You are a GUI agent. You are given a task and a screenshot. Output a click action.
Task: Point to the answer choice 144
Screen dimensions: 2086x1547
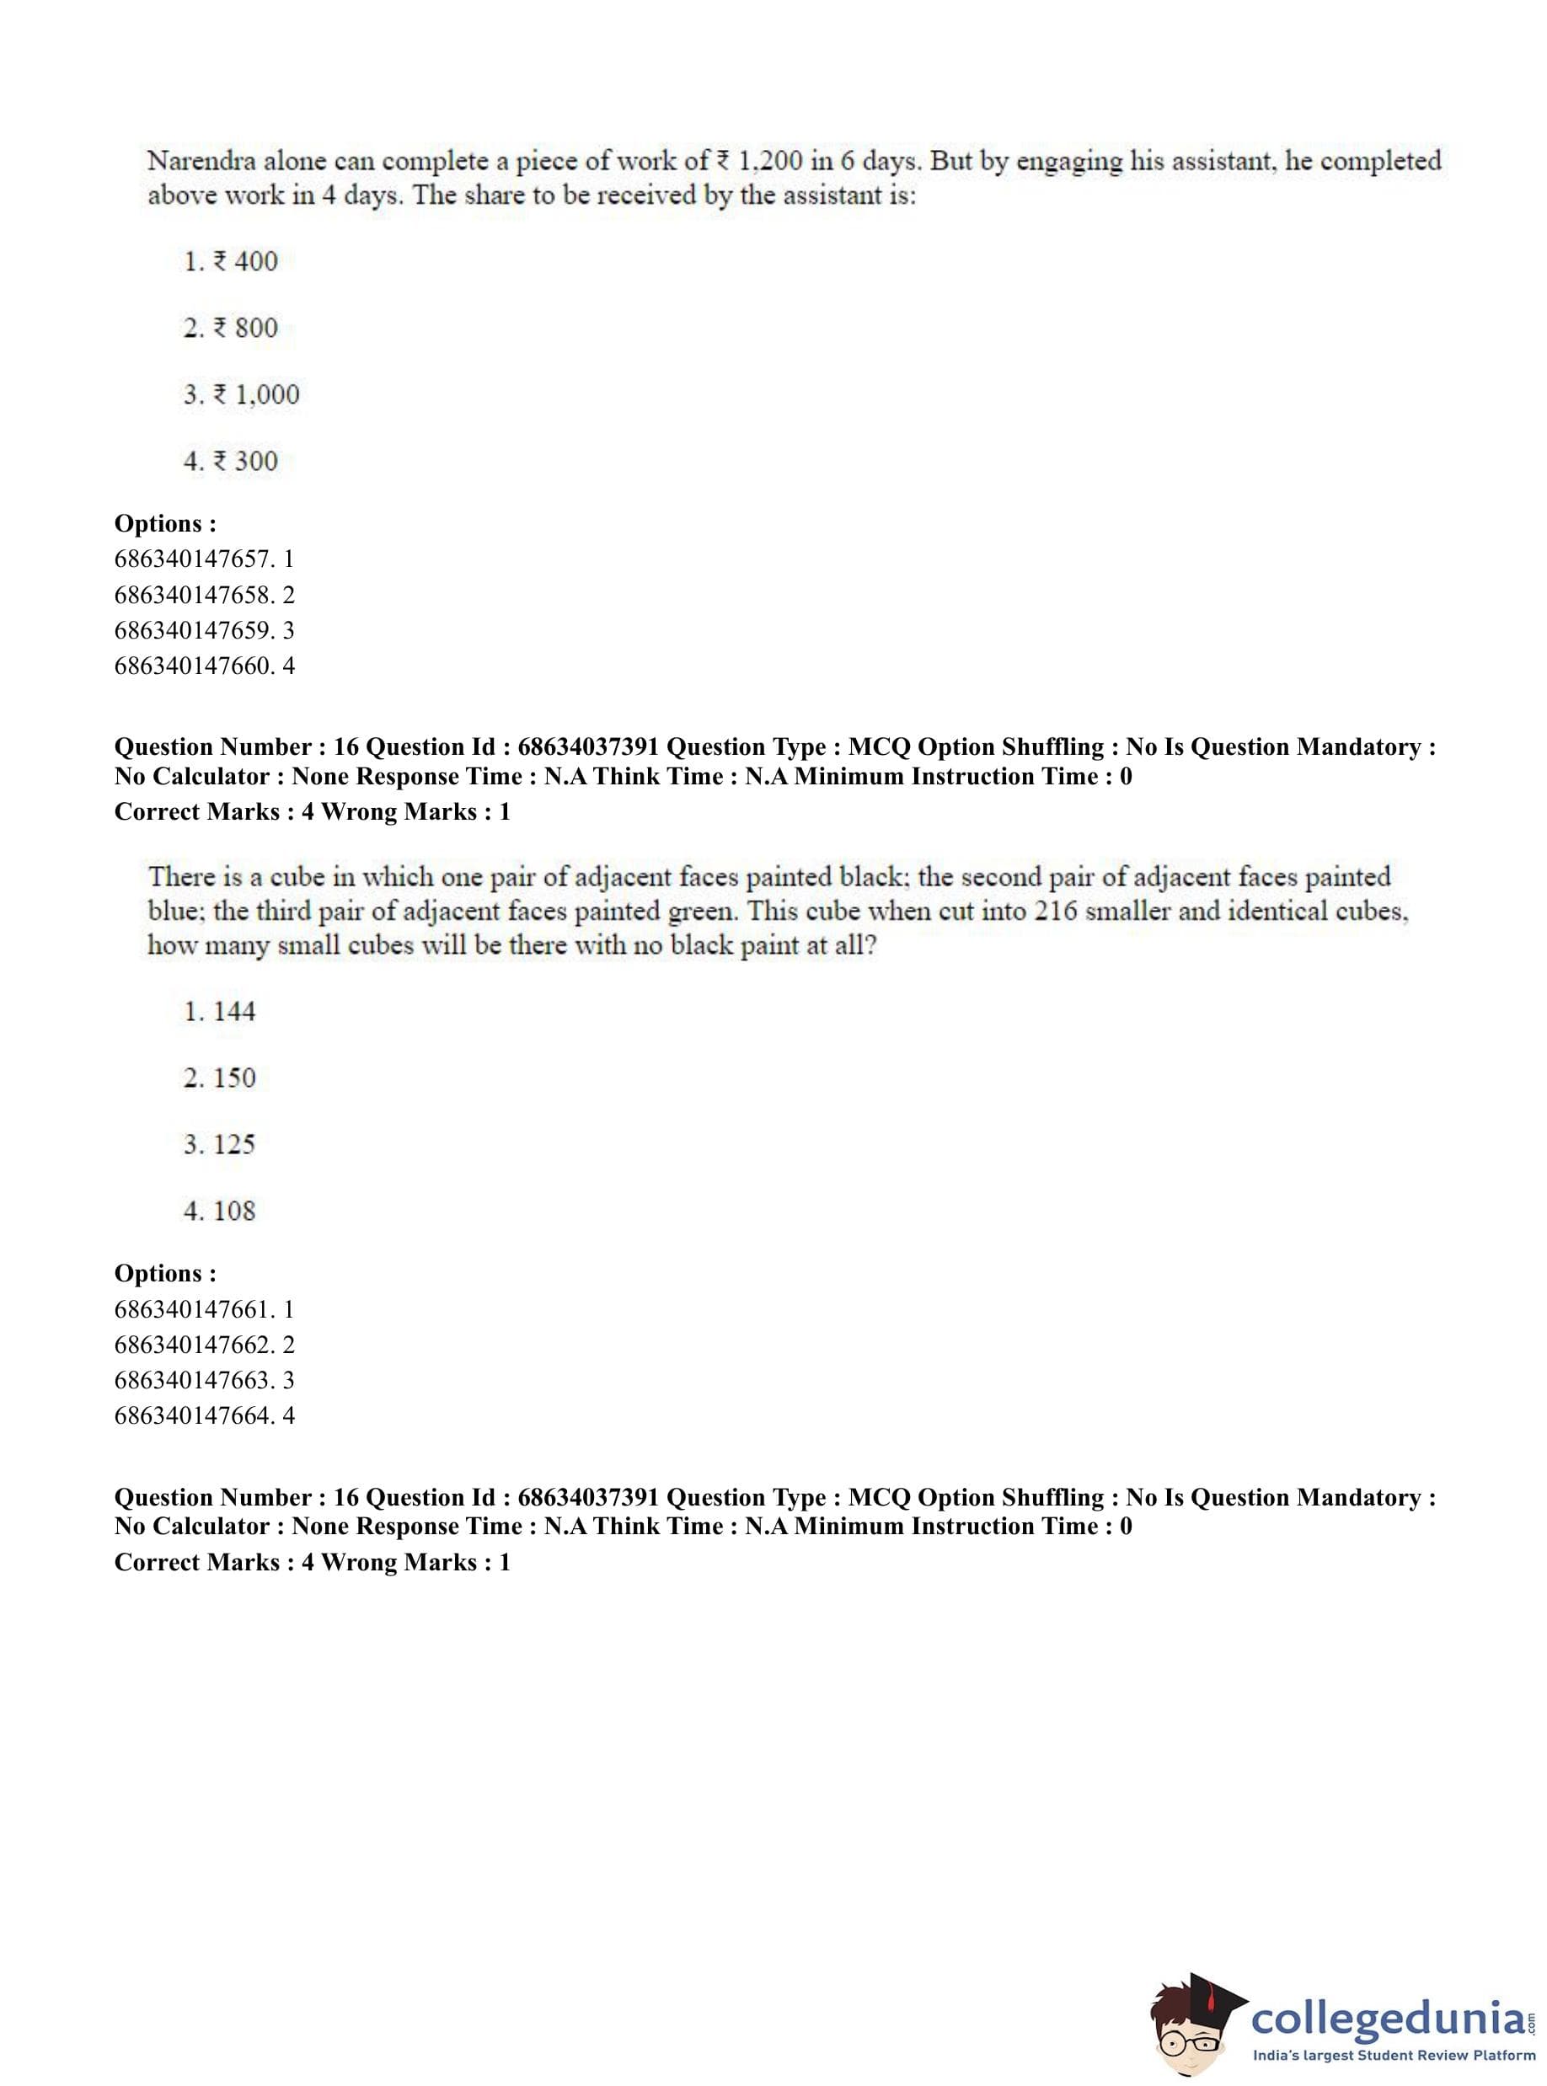[x=233, y=1011]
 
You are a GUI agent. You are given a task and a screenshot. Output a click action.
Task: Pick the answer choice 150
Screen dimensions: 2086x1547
[x=233, y=1078]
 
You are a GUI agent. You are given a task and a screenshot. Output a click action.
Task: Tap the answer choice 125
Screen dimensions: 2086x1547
[x=233, y=1144]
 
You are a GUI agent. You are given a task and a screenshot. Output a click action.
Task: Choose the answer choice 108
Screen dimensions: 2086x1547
[x=233, y=1211]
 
